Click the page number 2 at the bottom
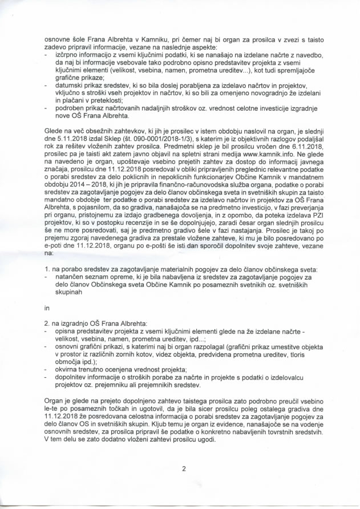click(x=184, y=469)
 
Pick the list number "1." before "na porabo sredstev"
click(x=47, y=268)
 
